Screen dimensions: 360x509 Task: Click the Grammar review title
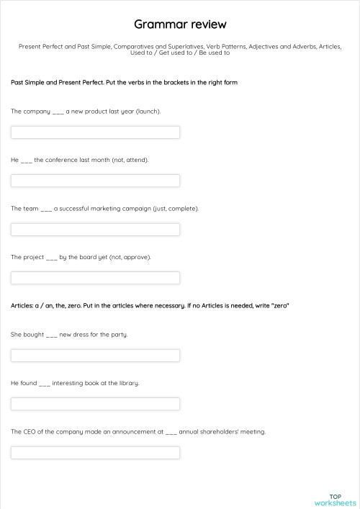(180, 24)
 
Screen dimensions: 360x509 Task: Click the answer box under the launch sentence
(95, 132)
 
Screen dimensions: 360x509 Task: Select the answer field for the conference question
(95, 181)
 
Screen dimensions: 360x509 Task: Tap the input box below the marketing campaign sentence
(95, 230)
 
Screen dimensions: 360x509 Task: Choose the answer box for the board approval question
(95, 278)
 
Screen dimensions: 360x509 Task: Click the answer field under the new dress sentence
(95, 356)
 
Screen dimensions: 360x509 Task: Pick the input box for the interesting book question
(95, 404)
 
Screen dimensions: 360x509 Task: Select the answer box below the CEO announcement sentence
(95, 453)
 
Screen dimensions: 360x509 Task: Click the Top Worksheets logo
(335, 500)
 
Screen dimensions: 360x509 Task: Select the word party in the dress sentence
(119, 335)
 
